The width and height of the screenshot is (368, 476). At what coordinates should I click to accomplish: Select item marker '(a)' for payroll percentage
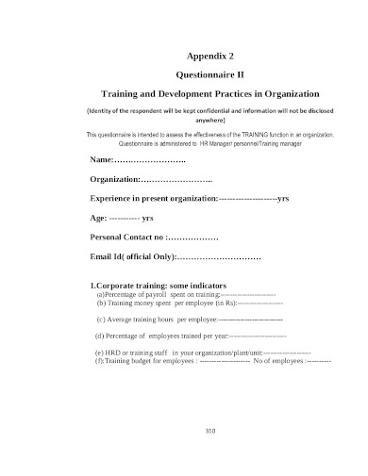coord(102,295)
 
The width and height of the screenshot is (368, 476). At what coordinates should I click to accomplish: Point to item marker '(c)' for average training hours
coord(102,320)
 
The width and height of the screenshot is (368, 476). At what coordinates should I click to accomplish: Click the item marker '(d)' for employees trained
coord(102,336)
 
